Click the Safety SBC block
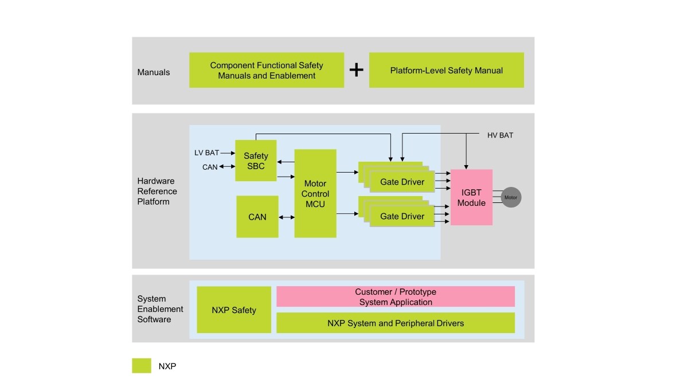coord(256,161)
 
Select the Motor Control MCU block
coord(315,194)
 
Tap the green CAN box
coord(257,217)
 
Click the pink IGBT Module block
coord(471,197)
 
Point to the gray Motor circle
coord(511,198)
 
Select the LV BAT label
coord(206,153)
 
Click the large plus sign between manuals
coord(357,70)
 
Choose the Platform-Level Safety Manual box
coord(446,71)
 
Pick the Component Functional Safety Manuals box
coord(267,71)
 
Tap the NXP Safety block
coord(234,310)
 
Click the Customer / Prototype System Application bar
coord(396,297)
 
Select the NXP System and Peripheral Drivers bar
coord(396,323)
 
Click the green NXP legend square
coord(142,366)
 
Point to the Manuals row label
coord(154,72)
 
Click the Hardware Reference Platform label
coord(157,191)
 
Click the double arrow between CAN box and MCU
coord(286,217)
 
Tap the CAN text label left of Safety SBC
coord(210,167)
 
